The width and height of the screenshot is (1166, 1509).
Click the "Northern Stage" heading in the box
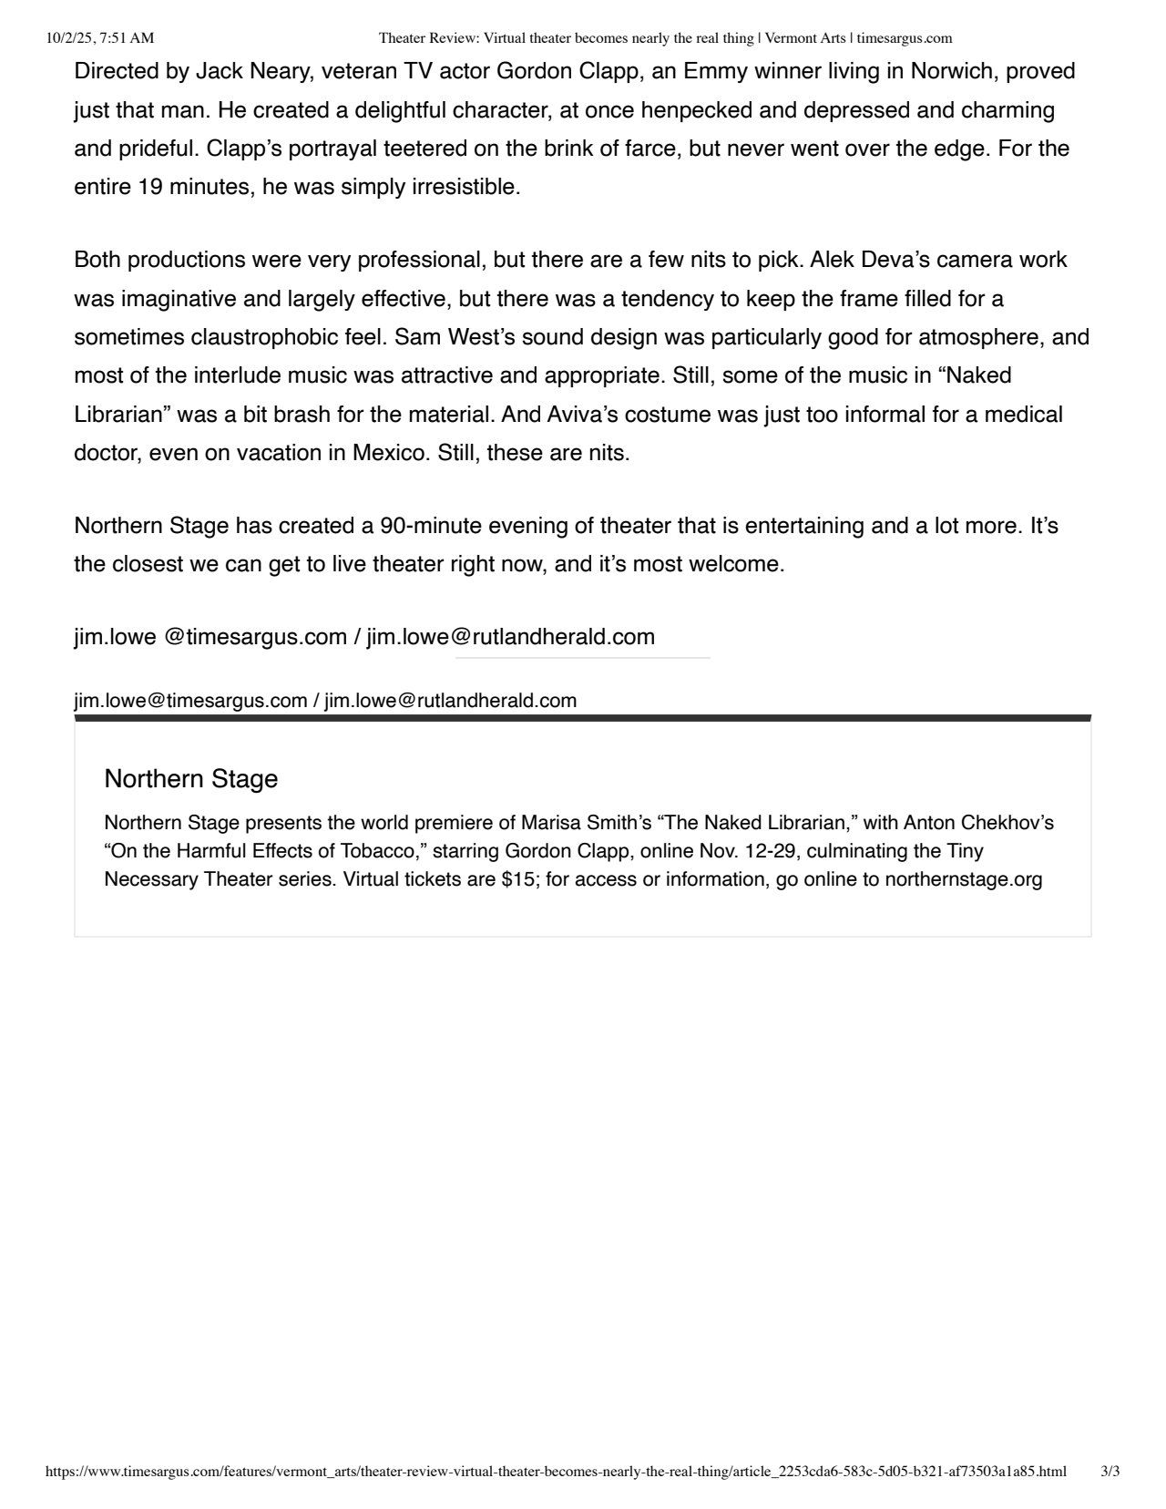190,779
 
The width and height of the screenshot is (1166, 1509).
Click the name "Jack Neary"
248,71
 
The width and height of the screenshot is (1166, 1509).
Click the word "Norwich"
949,71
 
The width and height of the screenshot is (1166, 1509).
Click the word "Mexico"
389,453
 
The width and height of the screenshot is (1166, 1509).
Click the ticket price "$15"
520,879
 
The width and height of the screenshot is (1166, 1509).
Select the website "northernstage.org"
963,879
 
